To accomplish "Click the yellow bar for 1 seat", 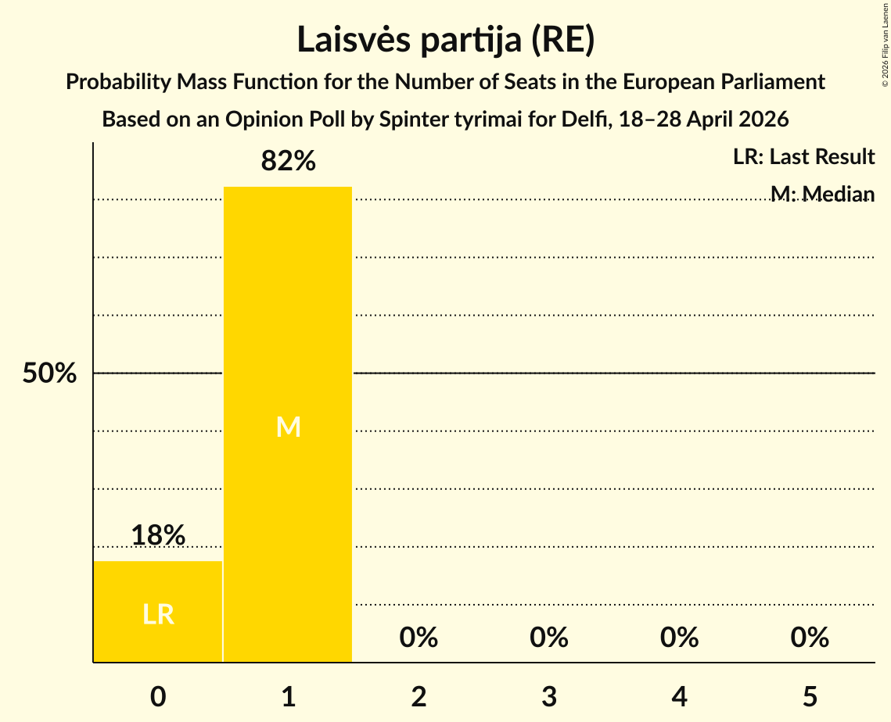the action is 288,424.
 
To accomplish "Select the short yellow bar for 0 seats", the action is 158,611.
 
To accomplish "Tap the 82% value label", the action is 288,161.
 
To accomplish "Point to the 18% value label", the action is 158,535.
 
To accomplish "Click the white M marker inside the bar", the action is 288,427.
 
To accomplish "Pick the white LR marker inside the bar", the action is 158,615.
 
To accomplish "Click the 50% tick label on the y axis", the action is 49,374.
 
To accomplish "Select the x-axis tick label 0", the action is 158,697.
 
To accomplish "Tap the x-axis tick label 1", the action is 289,697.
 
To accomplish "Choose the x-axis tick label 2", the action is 419,697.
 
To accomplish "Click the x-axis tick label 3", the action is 549,697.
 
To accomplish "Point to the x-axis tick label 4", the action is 680,697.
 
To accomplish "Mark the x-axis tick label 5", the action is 810,697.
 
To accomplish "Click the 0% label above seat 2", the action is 419,638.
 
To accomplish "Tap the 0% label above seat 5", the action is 810,638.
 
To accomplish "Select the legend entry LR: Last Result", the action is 803,156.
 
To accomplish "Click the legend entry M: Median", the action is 822,194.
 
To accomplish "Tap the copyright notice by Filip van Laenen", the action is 885,45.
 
